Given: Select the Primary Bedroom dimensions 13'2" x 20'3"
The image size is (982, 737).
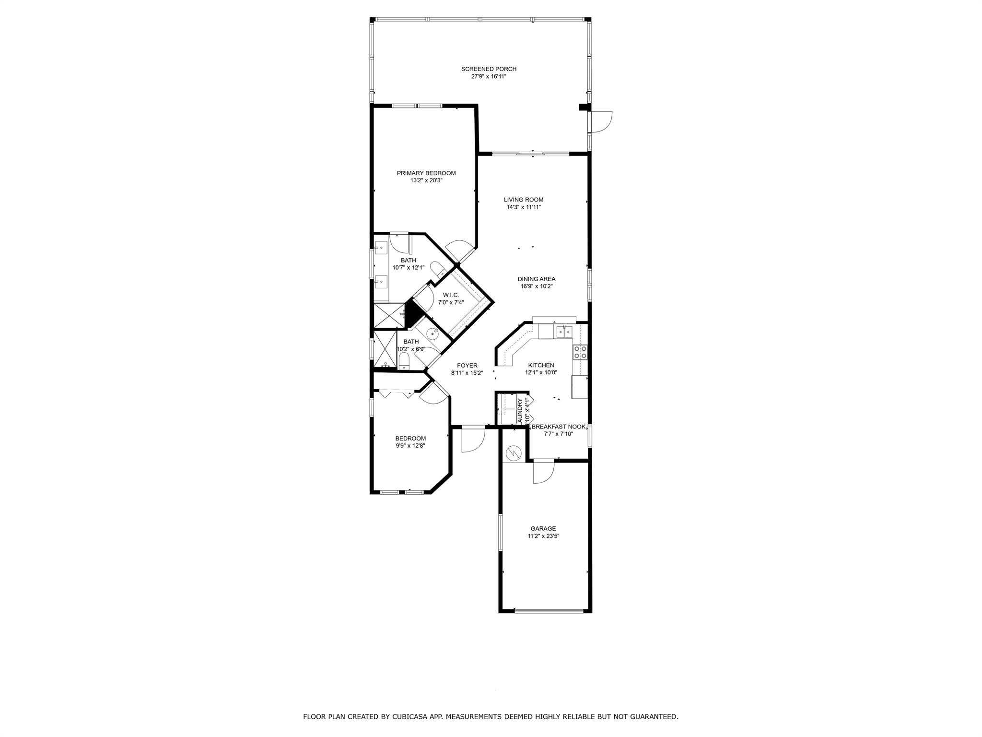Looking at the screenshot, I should (x=426, y=181).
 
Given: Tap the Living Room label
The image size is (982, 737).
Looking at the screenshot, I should (x=523, y=200).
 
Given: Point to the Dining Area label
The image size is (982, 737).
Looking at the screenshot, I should (x=536, y=279).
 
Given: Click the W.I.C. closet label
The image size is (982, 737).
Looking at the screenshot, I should (x=451, y=295).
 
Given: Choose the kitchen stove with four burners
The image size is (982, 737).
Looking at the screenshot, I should (x=580, y=352).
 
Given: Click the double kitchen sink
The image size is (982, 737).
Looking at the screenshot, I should (x=563, y=331).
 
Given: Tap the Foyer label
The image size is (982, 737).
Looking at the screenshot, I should (x=467, y=366).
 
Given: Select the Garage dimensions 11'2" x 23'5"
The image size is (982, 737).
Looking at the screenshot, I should (x=543, y=536).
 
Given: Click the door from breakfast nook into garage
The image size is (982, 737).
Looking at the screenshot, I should (x=544, y=471).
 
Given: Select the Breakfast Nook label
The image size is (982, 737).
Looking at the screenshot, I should (x=558, y=427).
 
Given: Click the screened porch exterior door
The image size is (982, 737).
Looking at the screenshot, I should (x=601, y=121).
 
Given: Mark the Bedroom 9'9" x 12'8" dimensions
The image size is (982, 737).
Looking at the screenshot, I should (x=410, y=445).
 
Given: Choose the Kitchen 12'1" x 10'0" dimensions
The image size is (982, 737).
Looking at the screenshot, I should (x=541, y=372).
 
